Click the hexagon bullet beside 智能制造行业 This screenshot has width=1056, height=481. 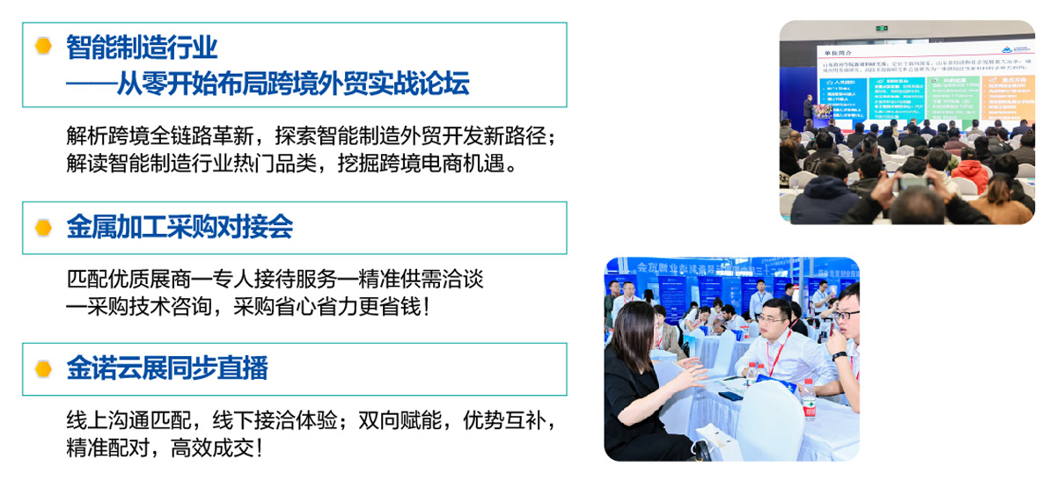tap(43, 47)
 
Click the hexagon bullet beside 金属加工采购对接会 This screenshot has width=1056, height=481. tap(43, 228)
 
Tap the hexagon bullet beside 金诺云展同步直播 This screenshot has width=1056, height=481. tap(43, 368)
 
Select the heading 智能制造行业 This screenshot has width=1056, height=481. tap(142, 47)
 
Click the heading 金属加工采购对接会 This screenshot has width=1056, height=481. tap(180, 228)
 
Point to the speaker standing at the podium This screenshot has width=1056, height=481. tap(808, 109)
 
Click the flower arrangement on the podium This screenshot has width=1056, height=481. tap(822, 112)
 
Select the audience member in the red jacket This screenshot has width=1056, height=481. tap(973, 173)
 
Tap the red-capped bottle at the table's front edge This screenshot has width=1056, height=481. tap(809, 399)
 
